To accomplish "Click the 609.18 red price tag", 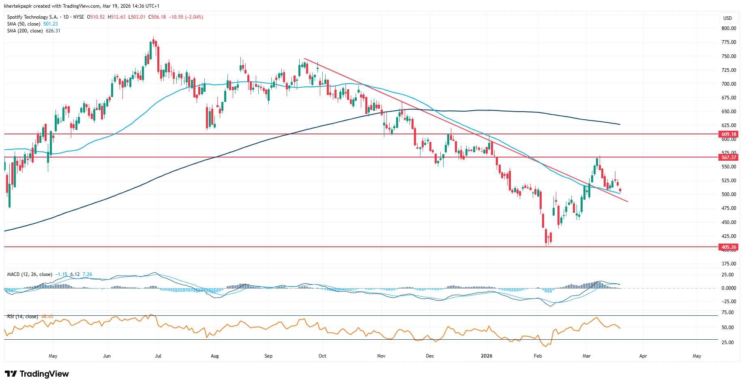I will (728, 134).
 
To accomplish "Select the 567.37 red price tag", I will (728, 157).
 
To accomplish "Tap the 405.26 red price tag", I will (728, 247).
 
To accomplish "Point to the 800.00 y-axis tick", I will (729, 28).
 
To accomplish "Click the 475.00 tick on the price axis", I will (729, 208).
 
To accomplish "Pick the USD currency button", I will (727, 18).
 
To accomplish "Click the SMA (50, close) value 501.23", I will (51, 24).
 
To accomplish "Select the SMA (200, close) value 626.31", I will (53, 31).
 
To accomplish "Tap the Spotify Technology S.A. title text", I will (32, 17).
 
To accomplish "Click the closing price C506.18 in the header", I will (157, 17).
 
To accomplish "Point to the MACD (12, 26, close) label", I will (30, 274).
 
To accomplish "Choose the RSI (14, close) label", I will (23, 317).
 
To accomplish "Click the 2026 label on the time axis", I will (487, 356).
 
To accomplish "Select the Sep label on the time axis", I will (268, 356).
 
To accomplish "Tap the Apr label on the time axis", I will (643, 356).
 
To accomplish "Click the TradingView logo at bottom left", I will (37, 374).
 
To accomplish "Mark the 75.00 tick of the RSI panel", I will (728, 313).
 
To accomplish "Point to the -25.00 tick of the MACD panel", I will (728, 302).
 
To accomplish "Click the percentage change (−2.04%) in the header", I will (194, 17).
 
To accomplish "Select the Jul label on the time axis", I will (158, 356).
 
